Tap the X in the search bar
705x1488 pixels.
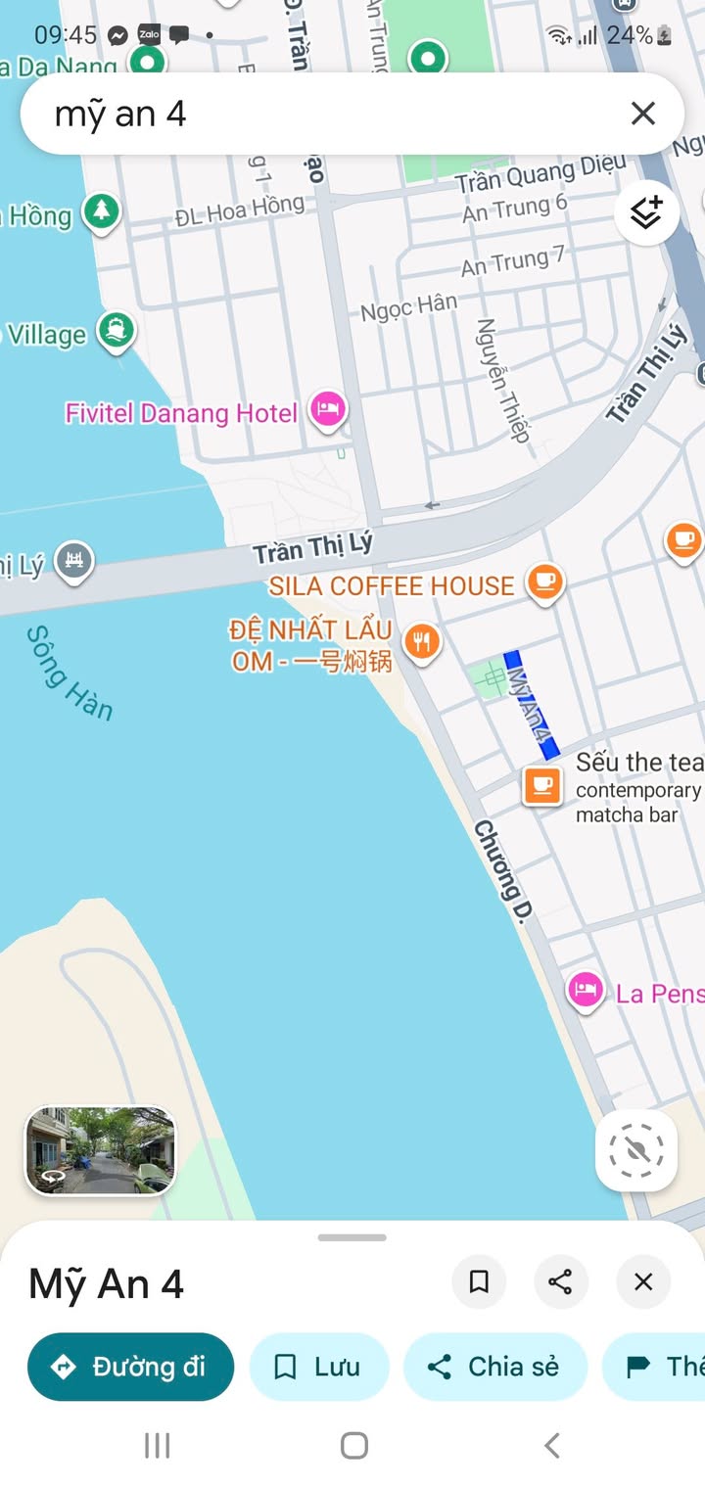[642, 114]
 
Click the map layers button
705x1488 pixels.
[646, 212]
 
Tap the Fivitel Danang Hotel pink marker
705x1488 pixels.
[328, 409]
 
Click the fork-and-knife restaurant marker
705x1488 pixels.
[422, 642]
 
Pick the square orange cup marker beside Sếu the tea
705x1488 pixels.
[541, 785]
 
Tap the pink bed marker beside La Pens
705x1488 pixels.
[586, 991]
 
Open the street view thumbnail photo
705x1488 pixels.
[100, 1150]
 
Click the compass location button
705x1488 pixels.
[636, 1150]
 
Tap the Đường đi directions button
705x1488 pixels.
[130, 1367]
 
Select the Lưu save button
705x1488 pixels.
[319, 1367]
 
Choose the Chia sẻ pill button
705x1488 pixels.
[494, 1367]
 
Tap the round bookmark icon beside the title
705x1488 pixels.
[479, 1281]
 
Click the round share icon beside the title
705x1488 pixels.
[561, 1281]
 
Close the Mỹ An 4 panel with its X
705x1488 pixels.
[643, 1281]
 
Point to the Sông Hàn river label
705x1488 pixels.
[70, 673]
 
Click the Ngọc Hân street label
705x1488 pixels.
[408, 306]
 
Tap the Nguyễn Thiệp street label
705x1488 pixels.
[502, 380]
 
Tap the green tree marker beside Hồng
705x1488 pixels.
[101, 210]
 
